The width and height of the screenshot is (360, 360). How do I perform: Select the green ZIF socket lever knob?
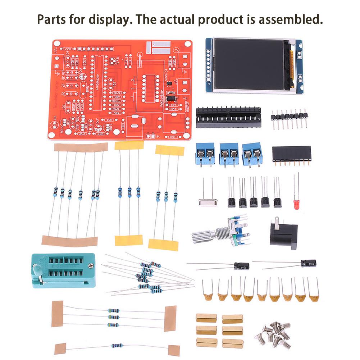coord(36,268)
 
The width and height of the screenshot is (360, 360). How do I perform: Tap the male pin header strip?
coord(290,117)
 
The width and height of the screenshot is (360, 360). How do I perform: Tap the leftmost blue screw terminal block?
coord(205,153)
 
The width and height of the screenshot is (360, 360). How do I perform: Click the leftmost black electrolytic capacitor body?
coord(241,266)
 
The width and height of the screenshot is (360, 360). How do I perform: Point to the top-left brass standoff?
coord(206,318)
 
